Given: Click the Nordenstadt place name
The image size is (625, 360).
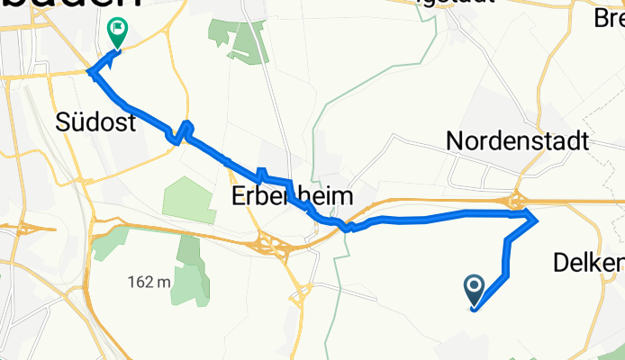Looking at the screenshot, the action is pyautogui.click(x=517, y=140).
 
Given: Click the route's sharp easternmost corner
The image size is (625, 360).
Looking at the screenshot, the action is pyautogui.click(x=538, y=216).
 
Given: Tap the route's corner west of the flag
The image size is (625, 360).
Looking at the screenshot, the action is pyautogui.click(x=88, y=71).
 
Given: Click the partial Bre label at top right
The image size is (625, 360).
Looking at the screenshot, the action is pyautogui.click(x=608, y=17).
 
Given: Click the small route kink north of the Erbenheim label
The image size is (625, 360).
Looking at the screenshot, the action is pyautogui.click(x=262, y=174).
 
